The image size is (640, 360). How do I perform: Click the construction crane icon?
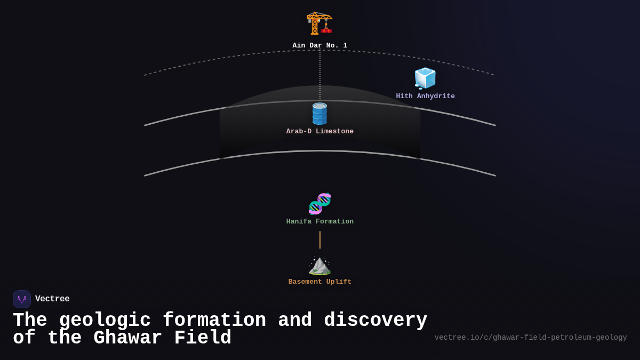pos(319,23)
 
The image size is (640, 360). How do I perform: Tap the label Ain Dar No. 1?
pos(319,46)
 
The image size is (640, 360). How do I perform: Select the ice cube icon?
pos(425,78)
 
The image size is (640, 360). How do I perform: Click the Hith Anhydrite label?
pos(425,97)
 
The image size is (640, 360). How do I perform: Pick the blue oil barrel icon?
pos(319,114)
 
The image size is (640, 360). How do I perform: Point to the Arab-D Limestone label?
pos(319,132)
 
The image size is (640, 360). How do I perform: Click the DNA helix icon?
pos(319,204)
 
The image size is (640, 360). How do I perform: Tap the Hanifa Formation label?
pos(319,222)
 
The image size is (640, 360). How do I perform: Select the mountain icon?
pos(319,265)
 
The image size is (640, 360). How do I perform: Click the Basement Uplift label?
pos(319,282)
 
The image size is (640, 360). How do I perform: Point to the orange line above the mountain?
pos(320,240)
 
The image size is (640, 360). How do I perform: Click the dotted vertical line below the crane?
pos(320,75)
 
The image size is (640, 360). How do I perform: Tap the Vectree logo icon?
pos(22,299)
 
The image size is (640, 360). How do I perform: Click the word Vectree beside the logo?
pos(52,299)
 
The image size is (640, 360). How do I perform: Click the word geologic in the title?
pos(105,321)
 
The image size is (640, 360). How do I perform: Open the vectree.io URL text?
pos(530,338)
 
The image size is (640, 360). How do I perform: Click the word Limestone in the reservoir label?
pos(334,132)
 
